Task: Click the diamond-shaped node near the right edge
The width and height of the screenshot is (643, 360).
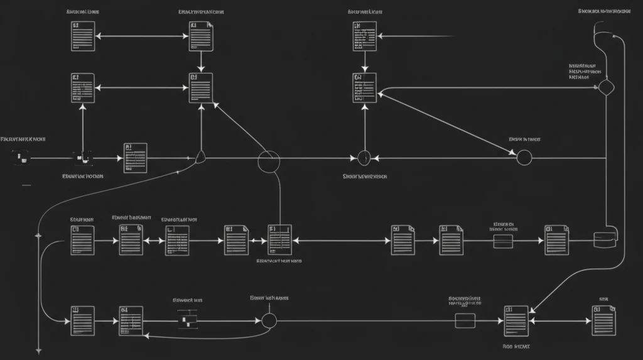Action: (605, 87)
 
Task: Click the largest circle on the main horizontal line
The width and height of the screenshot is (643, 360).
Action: (268, 161)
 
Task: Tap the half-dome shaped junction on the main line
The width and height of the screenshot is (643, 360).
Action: (200, 157)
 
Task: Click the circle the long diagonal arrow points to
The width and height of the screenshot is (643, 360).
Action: (524, 157)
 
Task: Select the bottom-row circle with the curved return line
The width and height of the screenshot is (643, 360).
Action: (269, 320)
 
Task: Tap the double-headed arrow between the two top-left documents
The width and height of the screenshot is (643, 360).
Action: (143, 36)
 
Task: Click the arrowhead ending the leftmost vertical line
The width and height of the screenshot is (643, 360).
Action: (39, 350)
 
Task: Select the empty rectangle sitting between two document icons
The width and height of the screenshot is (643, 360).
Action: (504, 241)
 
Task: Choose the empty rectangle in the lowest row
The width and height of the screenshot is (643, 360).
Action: (465, 320)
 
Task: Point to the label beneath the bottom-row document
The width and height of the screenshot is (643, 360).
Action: (516, 346)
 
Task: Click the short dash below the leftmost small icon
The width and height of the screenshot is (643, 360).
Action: (26, 185)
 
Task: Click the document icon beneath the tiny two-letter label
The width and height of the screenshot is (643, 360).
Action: (603, 320)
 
